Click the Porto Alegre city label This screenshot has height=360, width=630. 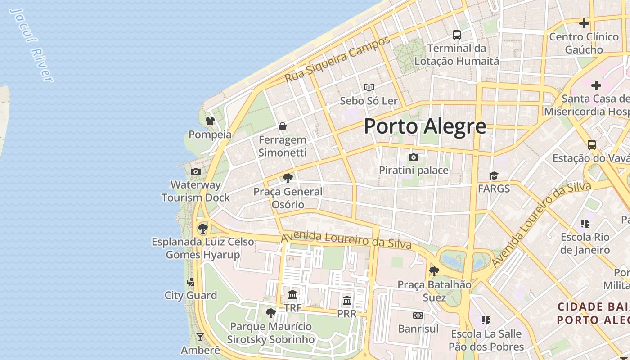(425, 126)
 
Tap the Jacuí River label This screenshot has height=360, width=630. (31, 45)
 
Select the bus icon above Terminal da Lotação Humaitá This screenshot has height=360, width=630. (456, 35)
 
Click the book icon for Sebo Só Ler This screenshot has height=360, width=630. (369, 87)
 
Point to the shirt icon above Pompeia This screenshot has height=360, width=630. (210, 121)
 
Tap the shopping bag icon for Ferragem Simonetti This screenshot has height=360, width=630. (283, 126)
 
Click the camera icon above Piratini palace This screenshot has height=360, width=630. (413, 157)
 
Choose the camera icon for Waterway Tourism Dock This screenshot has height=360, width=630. (195, 171)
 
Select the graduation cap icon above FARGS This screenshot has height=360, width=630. (494, 175)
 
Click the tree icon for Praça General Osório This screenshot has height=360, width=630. (288, 178)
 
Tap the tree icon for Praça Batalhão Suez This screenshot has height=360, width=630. (434, 271)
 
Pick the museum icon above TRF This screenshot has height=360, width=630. (292, 295)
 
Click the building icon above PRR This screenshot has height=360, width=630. (346, 300)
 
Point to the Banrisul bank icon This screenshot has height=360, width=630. (418, 315)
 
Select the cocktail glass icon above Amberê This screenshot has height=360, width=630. (200, 337)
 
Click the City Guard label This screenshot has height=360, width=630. (191, 295)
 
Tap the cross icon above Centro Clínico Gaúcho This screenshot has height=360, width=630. (584, 23)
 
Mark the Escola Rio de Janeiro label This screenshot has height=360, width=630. (585, 243)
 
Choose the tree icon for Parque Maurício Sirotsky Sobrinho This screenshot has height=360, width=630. (270, 313)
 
